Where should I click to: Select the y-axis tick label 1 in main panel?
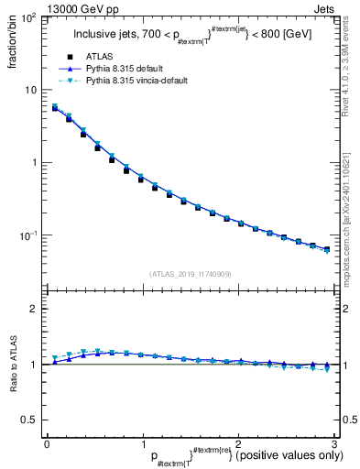click(x=33, y=163)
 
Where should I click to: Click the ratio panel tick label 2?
click(x=33, y=309)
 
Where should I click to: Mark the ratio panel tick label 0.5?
click(x=29, y=420)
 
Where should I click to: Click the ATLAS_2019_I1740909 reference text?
click(x=190, y=274)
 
